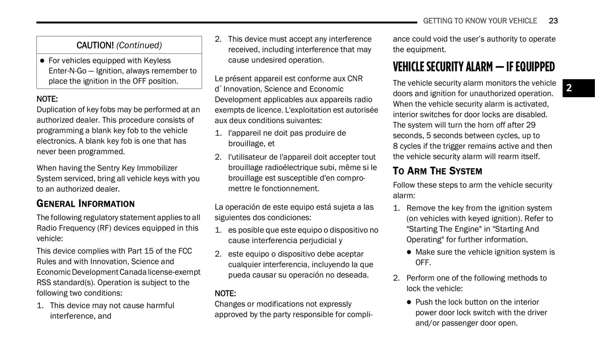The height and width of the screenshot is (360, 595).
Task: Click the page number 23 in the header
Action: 553,21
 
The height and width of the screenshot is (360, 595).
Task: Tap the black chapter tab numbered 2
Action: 578,88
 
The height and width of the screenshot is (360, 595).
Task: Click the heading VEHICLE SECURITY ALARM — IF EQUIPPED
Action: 474,67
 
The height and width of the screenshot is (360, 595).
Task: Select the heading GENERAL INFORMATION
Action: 86,204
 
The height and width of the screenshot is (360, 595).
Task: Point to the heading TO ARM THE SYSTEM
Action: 437,171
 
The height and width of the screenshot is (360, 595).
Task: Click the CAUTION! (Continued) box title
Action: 119,45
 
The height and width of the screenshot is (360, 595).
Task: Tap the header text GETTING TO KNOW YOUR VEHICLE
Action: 480,21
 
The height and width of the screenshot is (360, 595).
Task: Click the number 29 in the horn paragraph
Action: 531,125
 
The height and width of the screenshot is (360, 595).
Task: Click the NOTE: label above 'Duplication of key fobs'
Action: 47,99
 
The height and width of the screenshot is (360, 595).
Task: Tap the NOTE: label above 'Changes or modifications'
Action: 225,294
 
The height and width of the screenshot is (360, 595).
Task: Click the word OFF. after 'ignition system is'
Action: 423,263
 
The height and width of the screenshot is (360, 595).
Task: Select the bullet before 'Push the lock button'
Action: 409,302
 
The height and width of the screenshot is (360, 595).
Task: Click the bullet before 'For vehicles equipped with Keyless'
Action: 42,61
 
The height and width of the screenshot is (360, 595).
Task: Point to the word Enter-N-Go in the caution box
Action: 68,71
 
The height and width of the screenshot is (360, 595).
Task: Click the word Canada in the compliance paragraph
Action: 133,272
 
